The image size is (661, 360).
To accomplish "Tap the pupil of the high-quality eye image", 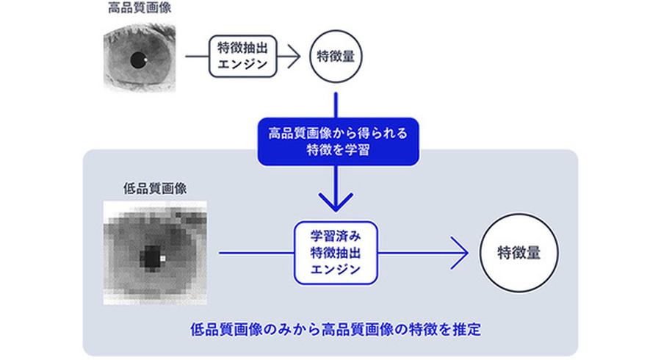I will (137, 61).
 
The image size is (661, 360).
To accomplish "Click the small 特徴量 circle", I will (337, 56).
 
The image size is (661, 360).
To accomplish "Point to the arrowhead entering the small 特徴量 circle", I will (297, 56).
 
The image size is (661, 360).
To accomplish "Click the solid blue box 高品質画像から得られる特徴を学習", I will (337, 142).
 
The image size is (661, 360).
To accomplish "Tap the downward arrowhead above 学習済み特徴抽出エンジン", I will (337, 200).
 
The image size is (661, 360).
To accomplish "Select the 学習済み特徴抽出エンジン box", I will (337, 253).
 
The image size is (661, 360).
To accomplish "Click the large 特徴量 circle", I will (520, 253).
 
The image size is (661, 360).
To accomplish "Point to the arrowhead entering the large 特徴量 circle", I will (461, 253).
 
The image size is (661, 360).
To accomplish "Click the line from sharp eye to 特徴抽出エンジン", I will (196, 56).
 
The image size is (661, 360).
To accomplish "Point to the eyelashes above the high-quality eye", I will (140, 33).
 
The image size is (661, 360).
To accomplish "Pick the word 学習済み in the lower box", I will (337, 237).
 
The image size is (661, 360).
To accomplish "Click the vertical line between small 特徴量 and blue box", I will (337, 103).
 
